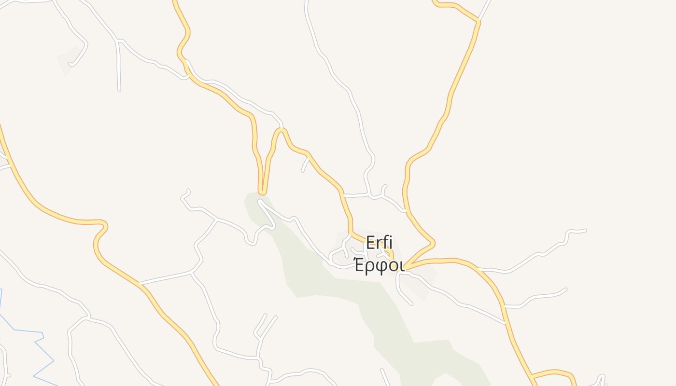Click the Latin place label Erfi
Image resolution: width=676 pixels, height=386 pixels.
(379, 242)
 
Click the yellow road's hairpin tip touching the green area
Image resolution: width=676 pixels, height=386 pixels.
(262, 192)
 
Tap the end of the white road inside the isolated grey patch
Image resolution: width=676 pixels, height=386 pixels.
(70, 63)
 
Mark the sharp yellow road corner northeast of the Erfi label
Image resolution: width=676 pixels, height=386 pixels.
(433, 241)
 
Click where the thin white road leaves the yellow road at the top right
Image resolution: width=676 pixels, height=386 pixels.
(479, 20)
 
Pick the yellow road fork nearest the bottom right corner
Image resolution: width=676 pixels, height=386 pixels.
(532, 375)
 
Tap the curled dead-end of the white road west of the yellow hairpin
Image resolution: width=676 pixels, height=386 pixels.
(187, 191)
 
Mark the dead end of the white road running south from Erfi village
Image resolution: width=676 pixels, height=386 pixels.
(411, 304)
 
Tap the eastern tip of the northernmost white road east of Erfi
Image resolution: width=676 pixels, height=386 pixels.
(585, 230)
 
